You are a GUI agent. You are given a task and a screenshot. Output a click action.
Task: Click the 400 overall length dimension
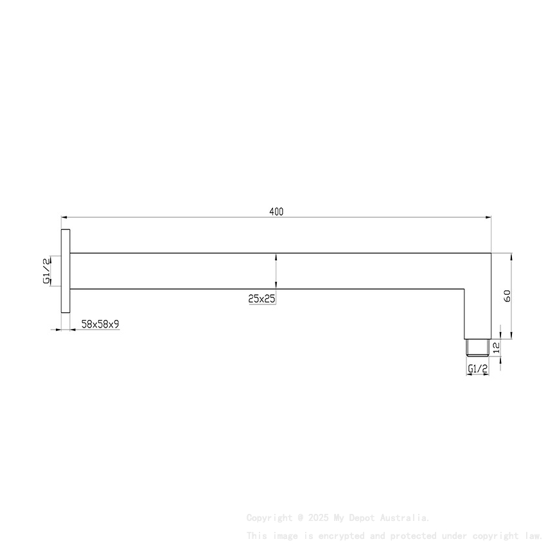(276, 211)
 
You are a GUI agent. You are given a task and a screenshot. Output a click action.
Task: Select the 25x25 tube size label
(261, 298)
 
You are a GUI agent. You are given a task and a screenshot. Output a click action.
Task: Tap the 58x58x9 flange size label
(100, 325)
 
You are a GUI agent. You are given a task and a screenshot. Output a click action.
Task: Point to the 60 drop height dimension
(507, 296)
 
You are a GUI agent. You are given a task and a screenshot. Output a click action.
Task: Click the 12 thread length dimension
(495, 347)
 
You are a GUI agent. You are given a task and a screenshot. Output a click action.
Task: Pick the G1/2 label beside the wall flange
(46, 270)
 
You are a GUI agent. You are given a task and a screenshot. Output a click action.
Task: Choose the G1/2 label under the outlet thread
(477, 369)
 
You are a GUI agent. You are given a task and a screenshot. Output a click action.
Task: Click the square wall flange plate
(66, 271)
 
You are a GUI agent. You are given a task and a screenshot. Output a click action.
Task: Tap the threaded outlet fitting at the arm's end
(477, 347)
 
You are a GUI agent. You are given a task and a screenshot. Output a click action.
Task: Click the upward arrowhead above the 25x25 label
(276, 256)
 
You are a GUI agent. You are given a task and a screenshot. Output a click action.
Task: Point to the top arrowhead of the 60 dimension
(512, 256)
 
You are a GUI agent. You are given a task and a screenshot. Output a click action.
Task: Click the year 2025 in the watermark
(318, 518)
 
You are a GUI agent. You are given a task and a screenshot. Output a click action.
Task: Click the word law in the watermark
(533, 535)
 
